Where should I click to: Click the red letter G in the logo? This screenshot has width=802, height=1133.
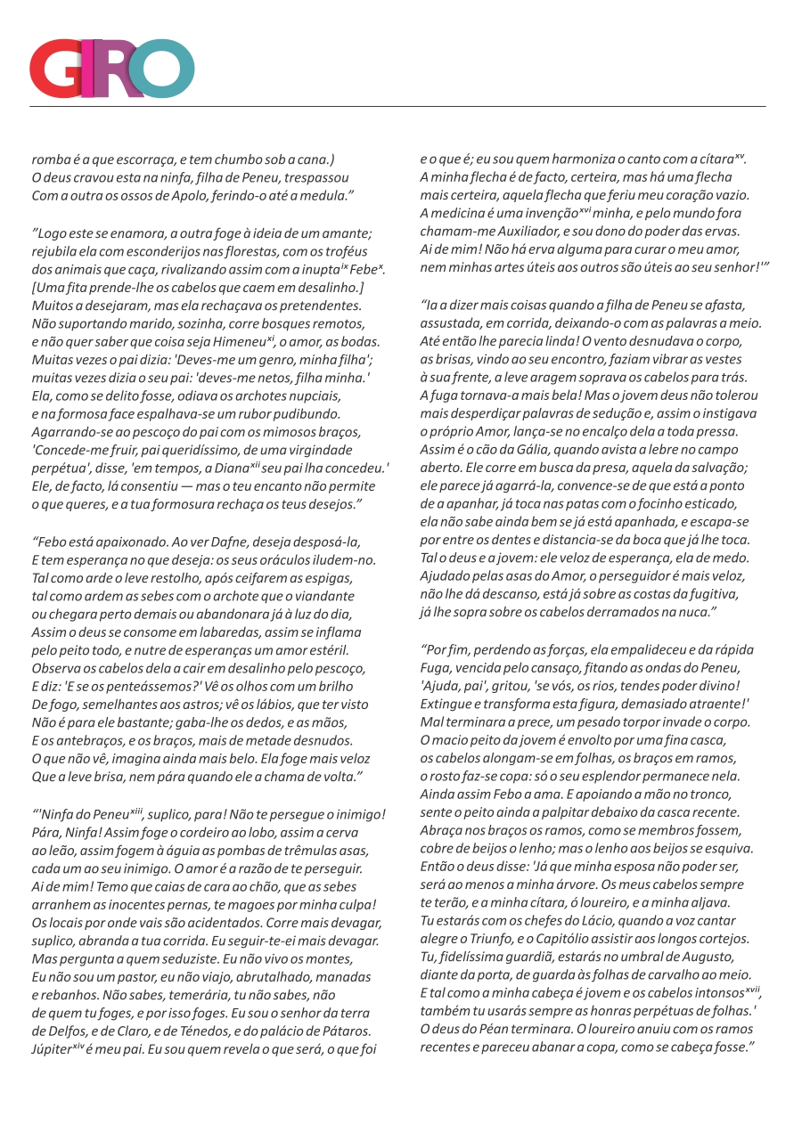point(55,69)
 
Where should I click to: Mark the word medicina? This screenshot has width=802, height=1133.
point(461,213)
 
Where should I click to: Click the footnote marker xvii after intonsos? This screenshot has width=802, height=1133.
point(753,990)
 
